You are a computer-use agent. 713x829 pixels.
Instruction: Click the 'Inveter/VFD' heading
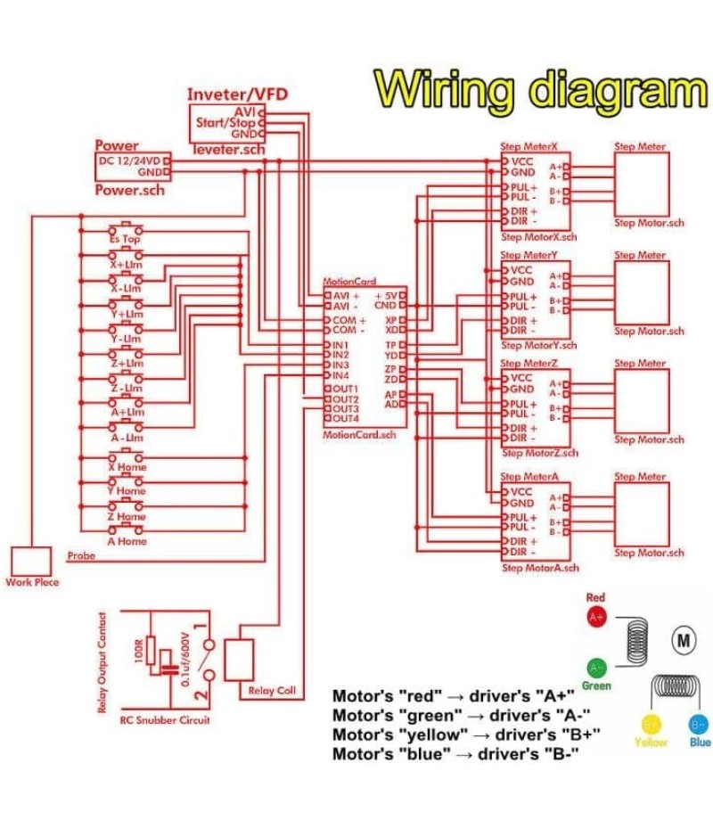[237, 94]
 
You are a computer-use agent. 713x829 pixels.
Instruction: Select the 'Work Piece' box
[31, 561]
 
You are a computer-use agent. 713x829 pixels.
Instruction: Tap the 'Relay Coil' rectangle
[239, 660]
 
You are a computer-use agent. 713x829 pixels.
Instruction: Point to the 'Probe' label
[81, 555]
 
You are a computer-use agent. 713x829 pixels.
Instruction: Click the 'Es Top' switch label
[126, 239]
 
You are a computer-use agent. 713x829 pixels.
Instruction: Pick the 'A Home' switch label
[127, 541]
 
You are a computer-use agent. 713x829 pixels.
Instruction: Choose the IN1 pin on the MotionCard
[340, 345]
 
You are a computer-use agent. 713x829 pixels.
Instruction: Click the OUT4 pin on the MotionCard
[344, 418]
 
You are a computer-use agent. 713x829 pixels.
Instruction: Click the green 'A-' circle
[596, 667]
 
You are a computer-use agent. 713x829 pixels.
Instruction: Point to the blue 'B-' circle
[699, 722]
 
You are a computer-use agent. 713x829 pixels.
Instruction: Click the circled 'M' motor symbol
[684, 640]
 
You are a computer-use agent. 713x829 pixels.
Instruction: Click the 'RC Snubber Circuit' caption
[165, 719]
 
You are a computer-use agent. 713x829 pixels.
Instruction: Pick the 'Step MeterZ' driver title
[529, 364]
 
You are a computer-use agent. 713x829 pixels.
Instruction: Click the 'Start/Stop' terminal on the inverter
[225, 122]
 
